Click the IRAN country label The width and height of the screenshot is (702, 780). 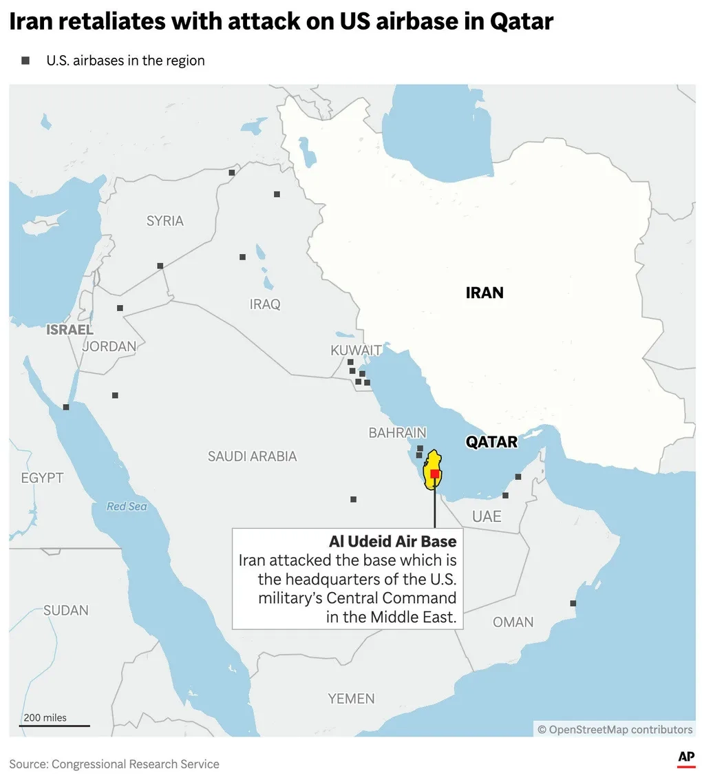click(485, 293)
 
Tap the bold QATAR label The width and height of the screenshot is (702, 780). click(491, 442)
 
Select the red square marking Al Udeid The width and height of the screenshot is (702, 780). click(434, 474)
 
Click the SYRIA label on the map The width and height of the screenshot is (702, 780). click(165, 221)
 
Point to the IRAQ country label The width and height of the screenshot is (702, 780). click(266, 304)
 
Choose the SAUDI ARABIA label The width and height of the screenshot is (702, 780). click(253, 456)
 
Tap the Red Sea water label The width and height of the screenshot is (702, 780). click(127, 507)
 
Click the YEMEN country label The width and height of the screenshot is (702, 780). click(351, 699)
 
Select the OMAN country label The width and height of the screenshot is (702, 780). click(513, 622)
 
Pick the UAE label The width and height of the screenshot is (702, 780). click(487, 516)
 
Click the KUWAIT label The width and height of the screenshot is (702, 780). click(356, 350)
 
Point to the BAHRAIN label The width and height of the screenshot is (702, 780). click(397, 433)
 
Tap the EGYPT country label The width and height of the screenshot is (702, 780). click(42, 478)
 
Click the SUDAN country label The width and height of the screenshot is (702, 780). click(66, 610)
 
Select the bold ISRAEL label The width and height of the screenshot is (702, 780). click(70, 330)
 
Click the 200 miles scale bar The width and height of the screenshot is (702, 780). click(54, 725)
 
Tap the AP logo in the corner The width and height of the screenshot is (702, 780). click(686, 758)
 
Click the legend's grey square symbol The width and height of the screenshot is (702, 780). click(26, 61)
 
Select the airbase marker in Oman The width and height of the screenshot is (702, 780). click(573, 603)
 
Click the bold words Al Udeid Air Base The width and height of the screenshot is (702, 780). click(392, 541)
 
